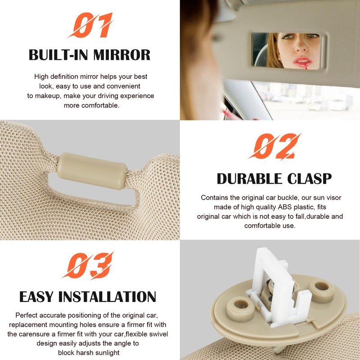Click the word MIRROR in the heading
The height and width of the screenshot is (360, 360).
point(122,55)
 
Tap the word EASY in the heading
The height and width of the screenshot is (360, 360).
point(37,297)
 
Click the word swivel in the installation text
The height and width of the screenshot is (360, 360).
point(141,334)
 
